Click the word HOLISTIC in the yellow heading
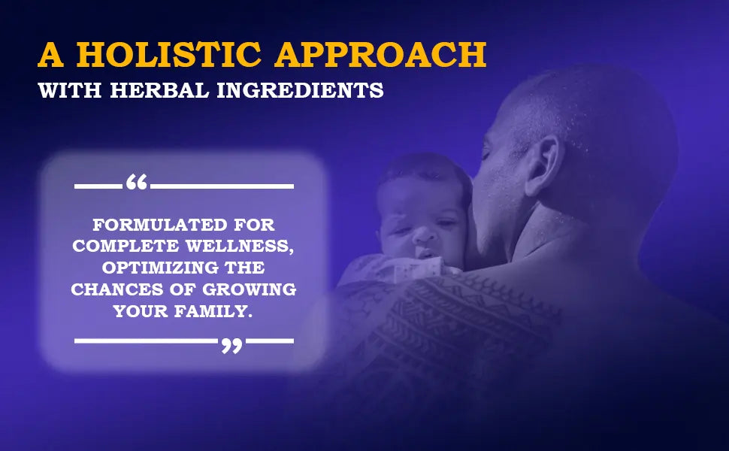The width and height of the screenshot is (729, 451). coord(169,54)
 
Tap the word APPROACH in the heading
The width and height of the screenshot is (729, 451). coord(380,54)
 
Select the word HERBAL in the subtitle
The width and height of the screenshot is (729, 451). coord(159,90)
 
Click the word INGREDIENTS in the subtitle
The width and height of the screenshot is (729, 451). coord(301,90)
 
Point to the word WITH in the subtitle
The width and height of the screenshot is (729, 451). coord(70,90)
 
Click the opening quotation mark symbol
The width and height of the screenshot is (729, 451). coord(137,182)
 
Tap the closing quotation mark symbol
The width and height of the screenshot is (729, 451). coord(231,346)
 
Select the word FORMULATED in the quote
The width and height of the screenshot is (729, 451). coord(159,225)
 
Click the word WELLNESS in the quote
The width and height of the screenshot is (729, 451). coord(240,247)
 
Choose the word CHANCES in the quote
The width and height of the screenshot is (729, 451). coord(117,289)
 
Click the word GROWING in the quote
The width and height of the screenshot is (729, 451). coord(250,289)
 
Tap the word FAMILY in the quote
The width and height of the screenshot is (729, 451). coord(213,311)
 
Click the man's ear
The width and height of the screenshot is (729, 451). coord(542,166)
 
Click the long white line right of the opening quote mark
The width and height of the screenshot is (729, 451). coord(222,186)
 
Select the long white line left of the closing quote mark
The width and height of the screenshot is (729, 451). coord(146,341)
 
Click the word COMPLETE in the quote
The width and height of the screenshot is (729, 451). coord(126,247)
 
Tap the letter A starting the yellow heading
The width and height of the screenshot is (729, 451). coord(50,54)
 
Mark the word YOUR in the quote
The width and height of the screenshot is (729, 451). coord(140,311)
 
